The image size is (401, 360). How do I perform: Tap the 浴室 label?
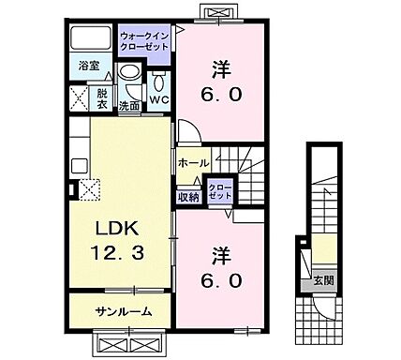coord(89,67)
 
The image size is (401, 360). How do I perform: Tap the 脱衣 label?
coord(103,97)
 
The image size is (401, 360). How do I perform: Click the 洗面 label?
coord(130,106)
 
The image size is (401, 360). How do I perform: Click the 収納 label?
coord(188,196)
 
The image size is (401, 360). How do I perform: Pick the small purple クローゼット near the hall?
coord(220,191)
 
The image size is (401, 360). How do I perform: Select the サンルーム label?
coord(120,311)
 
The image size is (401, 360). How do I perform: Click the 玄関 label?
coord(321,279)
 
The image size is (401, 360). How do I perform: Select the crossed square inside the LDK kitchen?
coord(90,188)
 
